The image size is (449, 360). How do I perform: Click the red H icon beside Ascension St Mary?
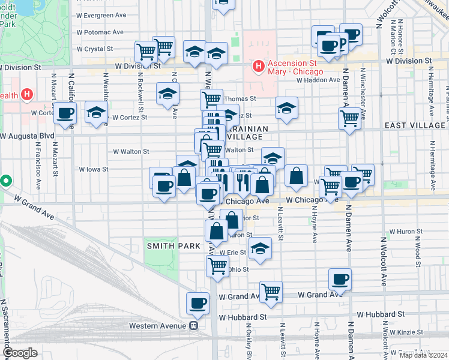click(259, 65)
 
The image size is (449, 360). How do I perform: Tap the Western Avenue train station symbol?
click(194, 326)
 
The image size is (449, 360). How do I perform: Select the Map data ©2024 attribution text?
click(423, 355)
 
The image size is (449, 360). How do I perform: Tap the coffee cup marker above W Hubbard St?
click(197, 304)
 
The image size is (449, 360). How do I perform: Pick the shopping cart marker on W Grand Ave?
click(271, 292)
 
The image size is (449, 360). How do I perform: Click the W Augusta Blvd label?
click(28, 136)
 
